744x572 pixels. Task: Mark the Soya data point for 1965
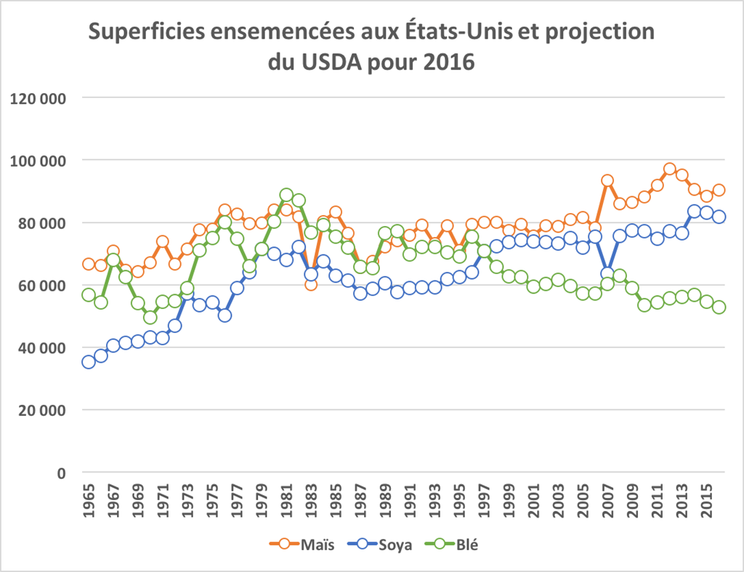[x=89, y=362]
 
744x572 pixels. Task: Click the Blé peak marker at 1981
[x=286, y=196]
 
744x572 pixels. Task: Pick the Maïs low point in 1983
[x=311, y=284]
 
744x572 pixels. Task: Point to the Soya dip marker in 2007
[x=607, y=274]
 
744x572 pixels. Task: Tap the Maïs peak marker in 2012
[x=669, y=169]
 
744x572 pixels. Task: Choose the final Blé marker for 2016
[x=719, y=307]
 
